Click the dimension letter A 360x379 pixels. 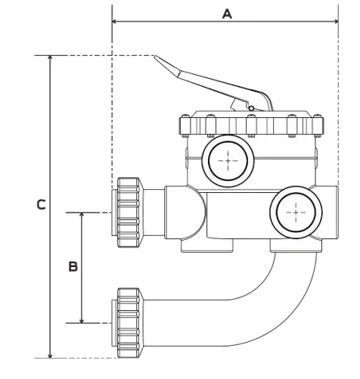tap(226, 13)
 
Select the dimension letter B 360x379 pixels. tap(73, 266)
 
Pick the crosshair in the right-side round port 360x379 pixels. tap(294, 213)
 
